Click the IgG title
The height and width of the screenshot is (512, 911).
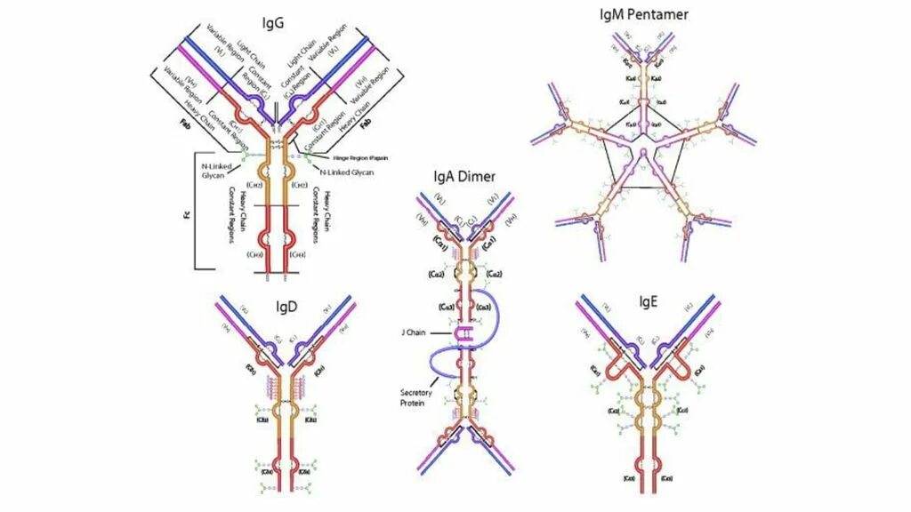(x=274, y=23)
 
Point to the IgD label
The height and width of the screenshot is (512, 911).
(x=287, y=308)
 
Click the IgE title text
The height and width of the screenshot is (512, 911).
(x=648, y=301)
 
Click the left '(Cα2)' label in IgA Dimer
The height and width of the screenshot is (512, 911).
(x=435, y=274)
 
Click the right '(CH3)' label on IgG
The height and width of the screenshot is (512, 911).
(x=301, y=255)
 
